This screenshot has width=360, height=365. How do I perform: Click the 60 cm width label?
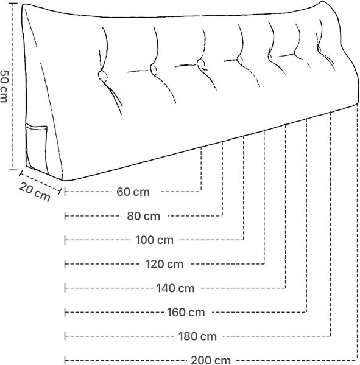pos(133,192)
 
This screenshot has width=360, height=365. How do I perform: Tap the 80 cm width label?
pos(143,216)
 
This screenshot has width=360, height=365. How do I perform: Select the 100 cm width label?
pos(154,240)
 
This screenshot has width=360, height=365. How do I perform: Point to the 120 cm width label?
pos(164,264)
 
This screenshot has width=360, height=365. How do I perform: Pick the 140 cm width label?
pos(175,288)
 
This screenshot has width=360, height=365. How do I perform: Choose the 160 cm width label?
pos(186,312)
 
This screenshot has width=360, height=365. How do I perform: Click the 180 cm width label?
pos(197,336)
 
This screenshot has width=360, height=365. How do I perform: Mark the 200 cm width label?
pos(211,360)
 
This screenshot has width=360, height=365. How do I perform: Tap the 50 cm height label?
pos(4,86)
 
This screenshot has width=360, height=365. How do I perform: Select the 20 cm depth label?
pos(35,192)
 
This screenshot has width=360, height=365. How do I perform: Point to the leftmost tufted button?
pos(102,75)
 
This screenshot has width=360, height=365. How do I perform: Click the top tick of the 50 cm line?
pos(13,4)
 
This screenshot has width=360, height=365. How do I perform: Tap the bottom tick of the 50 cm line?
pos(13,170)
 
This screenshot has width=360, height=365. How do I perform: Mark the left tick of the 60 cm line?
pos(65,192)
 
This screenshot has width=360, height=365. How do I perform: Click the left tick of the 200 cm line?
pos(65,360)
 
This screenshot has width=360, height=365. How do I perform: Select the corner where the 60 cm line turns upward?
pos(201,192)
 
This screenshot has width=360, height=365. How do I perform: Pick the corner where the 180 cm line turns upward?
pos(331,336)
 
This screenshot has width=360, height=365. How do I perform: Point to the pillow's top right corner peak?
pos(322,1)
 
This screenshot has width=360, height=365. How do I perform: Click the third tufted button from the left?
pos(200,63)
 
